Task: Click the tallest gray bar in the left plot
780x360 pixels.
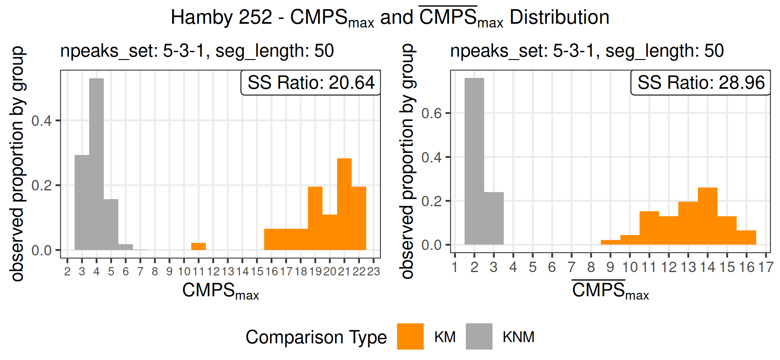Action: tap(96, 164)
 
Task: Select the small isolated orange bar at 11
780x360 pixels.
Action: tap(198, 246)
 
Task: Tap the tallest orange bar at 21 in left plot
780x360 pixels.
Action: tap(344, 204)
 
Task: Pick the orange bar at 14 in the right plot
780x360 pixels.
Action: tap(707, 216)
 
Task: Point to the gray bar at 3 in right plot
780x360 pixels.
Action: tap(494, 218)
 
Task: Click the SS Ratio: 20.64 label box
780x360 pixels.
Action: tap(311, 82)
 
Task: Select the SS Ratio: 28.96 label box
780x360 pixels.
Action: tap(701, 82)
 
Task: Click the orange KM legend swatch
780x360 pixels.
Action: tap(410, 336)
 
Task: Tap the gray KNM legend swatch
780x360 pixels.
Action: tap(479, 336)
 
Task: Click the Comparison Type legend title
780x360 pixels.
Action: tap(316, 337)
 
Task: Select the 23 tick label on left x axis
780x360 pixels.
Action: tap(373, 272)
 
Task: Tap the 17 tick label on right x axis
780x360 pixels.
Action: tap(766, 267)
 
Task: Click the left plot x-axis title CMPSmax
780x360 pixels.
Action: tap(220, 290)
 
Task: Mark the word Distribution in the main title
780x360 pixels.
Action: tap(559, 17)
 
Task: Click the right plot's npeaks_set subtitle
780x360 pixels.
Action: tap(587, 51)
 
